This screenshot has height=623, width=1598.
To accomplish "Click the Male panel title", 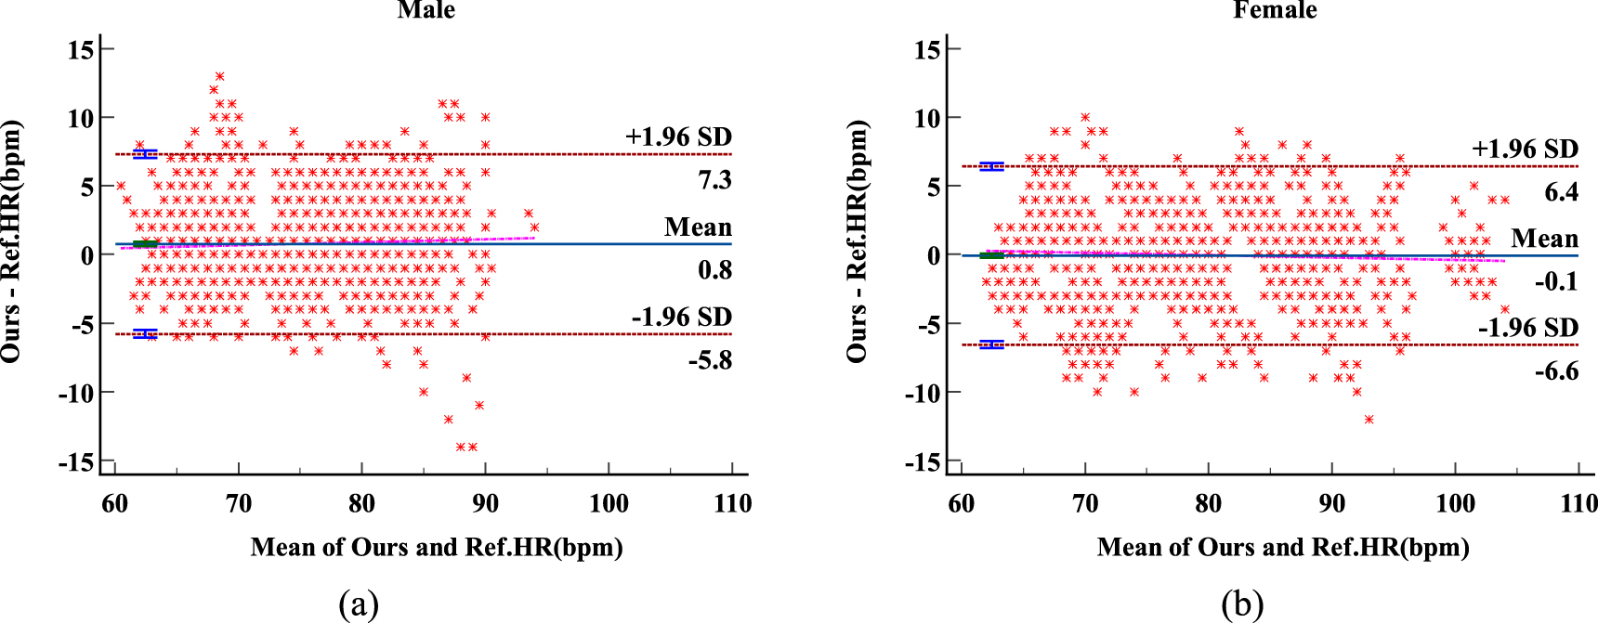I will [426, 10].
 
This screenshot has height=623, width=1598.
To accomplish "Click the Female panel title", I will [1275, 10].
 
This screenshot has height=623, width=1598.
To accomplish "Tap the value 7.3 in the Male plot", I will [714, 180].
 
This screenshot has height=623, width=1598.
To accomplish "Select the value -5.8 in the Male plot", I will [710, 360].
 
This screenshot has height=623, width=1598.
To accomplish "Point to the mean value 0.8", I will [714, 270].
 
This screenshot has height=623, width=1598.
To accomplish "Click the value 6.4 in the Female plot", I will [1561, 192].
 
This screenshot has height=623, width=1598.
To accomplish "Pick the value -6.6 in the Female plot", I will [1556, 371].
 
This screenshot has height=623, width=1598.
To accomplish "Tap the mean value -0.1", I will [1556, 281].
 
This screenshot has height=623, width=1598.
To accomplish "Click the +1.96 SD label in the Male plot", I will [678, 137].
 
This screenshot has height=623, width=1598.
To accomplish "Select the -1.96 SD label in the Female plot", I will [1527, 328].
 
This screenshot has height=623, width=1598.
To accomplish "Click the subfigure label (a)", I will [359, 604].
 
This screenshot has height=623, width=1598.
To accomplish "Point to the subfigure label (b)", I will [1242, 604].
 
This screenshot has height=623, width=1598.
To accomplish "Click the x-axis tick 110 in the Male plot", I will [732, 504].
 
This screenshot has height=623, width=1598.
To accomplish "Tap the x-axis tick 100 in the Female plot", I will [1455, 504].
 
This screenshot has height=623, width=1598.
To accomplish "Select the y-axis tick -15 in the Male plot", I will [76, 461].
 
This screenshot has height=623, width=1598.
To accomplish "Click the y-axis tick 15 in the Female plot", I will [926, 49].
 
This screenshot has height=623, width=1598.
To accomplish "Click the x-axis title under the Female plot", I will [1283, 547].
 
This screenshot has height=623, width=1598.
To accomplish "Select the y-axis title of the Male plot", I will [11, 241].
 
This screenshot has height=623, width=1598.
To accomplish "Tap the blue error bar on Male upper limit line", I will [145, 154].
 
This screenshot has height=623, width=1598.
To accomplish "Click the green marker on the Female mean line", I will [991, 255].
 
